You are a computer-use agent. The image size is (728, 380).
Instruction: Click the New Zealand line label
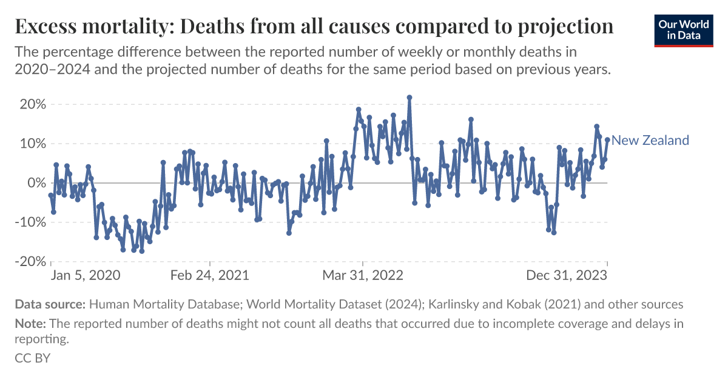[650, 141]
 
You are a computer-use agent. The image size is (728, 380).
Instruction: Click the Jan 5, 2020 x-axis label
[85, 275]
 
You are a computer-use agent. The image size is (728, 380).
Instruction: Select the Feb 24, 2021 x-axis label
[210, 275]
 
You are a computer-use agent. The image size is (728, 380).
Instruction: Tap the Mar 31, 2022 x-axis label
[362, 275]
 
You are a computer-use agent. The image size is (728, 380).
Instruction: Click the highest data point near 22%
[409, 97]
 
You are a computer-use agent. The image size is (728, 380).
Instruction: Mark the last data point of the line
[607, 140]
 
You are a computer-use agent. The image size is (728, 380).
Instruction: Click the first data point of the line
[51, 195]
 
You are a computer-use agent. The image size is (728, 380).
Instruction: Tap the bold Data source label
[50, 304]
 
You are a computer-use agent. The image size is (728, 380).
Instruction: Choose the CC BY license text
[32, 358]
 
